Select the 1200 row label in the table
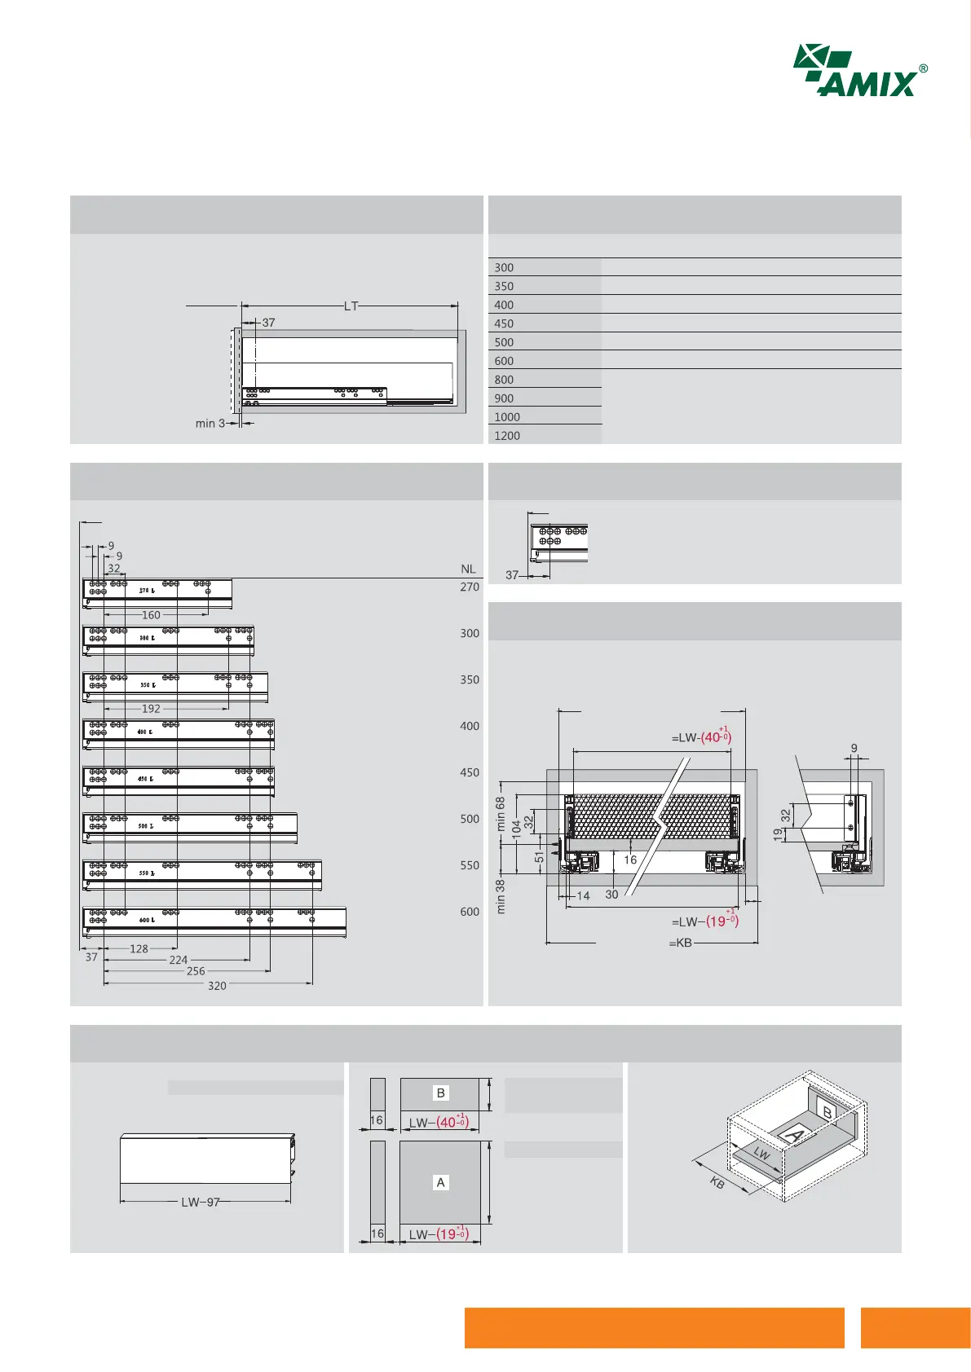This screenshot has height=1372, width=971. [507, 436]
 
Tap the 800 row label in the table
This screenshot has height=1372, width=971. [504, 380]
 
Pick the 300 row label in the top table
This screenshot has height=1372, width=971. [504, 268]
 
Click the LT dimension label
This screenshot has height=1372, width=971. [351, 306]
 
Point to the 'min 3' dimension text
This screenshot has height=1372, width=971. [210, 424]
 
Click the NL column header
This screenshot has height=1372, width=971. [468, 569]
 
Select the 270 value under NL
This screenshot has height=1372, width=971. [470, 587]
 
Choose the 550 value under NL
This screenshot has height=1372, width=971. [470, 866]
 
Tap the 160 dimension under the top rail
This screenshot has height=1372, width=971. [151, 615]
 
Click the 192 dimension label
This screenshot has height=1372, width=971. [151, 709]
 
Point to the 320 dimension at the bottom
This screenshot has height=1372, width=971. [217, 986]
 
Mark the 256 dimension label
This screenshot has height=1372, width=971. [196, 971]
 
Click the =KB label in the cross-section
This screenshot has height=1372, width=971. [681, 943]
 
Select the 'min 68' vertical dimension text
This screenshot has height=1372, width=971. [501, 813]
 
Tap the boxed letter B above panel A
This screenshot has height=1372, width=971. [441, 1093]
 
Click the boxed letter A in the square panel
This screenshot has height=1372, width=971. [441, 1182]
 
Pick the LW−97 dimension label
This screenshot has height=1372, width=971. [201, 1203]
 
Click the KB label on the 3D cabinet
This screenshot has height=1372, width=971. [717, 1183]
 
